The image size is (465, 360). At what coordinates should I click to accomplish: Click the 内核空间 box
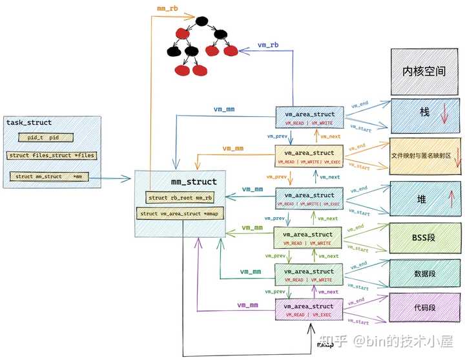pyautogui.click(x=424, y=72)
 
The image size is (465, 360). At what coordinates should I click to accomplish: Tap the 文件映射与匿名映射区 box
pyautogui.click(x=424, y=156)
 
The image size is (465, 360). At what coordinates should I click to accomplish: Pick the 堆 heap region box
pyautogui.click(x=422, y=199)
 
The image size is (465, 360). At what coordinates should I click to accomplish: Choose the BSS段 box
pyautogui.click(x=424, y=238)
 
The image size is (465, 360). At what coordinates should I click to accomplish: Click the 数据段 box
pyautogui.click(x=424, y=273)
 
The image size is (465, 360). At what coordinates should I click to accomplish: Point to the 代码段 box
pyautogui.click(x=424, y=308)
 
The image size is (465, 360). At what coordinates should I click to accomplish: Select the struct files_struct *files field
pyautogui.click(x=50, y=156)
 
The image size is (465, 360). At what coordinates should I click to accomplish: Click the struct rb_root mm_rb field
pyautogui.click(x=179, y=198)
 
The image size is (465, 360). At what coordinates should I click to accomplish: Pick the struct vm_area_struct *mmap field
pyautogui.click(x=180, y=213)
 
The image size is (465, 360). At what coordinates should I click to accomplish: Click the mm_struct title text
pyautogui.click(x=194, y=182)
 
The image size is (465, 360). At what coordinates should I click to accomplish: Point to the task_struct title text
pyautogui.click(x=29, y=123)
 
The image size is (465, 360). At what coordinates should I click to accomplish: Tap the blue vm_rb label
pyautogui.click(x=268, y=45)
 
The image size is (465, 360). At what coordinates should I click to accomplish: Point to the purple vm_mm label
pyautogui.click(x=248, y=304)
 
